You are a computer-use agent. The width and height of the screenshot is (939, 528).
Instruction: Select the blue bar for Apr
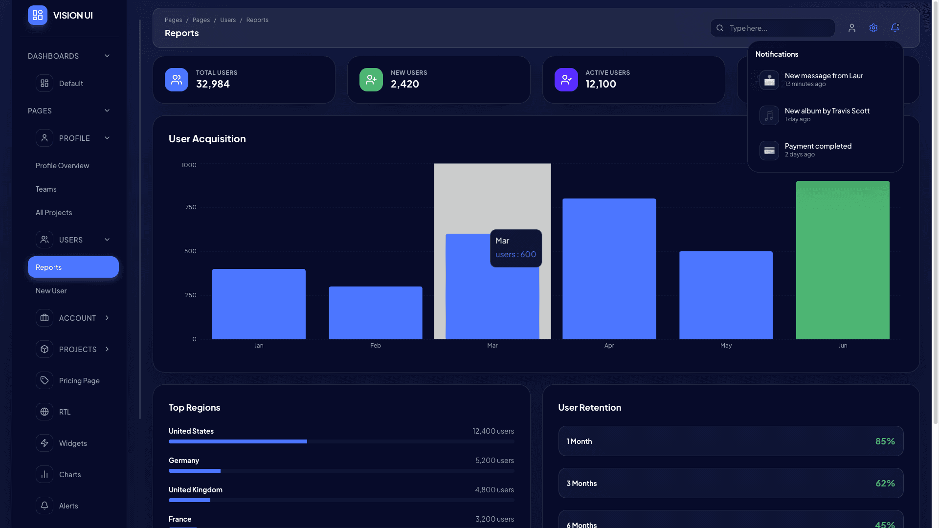[x=609, y=268]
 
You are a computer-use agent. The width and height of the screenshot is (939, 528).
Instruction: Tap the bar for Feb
[x=375, y=312]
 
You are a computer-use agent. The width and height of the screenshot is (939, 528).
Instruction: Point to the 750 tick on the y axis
[x=191, y=207]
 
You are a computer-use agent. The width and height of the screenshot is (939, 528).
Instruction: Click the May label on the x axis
[x=726, y=346]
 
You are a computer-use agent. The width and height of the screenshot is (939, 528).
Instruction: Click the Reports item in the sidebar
[x=73, y=267]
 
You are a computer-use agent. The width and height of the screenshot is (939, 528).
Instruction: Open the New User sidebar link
[x=51, y=290]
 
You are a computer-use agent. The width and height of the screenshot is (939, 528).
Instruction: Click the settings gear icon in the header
[x=873, y=28]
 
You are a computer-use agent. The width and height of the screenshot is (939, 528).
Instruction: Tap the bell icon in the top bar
[x=894, y=28]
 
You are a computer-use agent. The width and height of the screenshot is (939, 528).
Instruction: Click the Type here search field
[x=778, y=28]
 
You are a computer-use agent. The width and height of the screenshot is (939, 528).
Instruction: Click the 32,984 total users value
[x=213, y=84]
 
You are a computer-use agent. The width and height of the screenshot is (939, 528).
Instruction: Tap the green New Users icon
[x=371, y=80]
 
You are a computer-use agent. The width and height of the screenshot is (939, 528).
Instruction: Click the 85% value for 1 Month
[x=885, y=441]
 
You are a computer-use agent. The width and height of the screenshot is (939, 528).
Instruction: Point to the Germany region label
[x=183, y=461]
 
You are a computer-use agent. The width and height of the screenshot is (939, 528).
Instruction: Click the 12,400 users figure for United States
[x=493, y=431]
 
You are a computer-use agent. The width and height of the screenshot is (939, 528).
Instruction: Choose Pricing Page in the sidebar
[x=79, y=380]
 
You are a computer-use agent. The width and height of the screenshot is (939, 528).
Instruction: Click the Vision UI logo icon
[x=38, y=15]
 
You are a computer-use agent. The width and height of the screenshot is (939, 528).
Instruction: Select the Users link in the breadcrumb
[x=227, y=20]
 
